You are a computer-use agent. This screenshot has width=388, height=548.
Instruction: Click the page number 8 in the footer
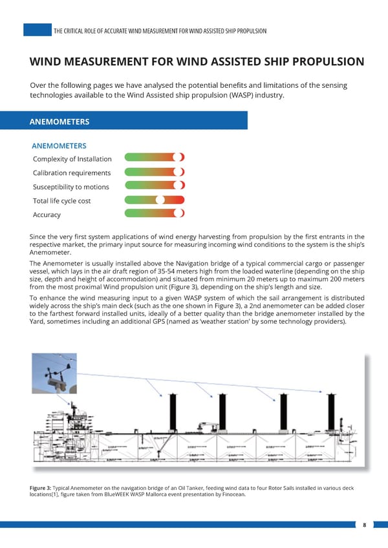coord(365,525)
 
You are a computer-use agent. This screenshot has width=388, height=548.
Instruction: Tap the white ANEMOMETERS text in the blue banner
coord(59,121)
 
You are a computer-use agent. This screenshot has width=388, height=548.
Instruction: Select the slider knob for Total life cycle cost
coord(161,200)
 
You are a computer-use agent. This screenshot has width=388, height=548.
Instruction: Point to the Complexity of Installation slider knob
coord(180,157)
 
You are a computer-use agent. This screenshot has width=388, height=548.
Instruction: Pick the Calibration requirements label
coord(72,173)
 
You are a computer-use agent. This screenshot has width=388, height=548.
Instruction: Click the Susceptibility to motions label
coord(70,187)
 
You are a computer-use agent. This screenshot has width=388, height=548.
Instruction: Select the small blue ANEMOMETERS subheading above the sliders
coord(59,146)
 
